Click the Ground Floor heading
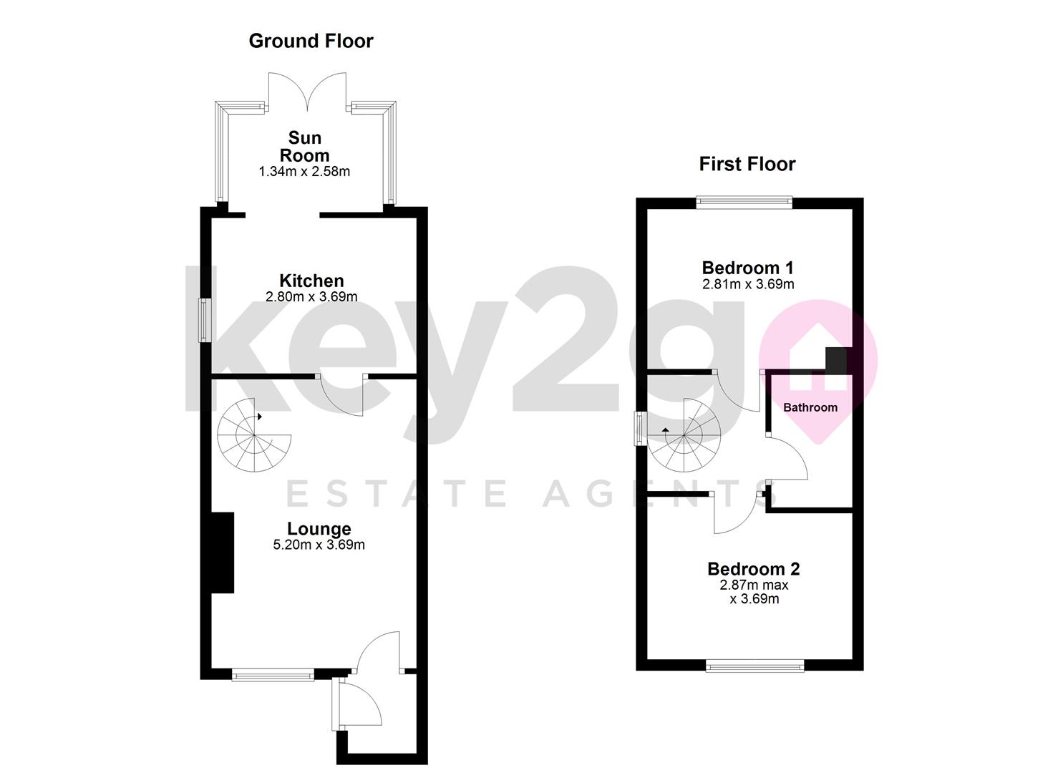[311, 42]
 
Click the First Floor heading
[747, 165]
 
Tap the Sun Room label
[304, 147]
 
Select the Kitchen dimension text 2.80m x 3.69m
[311, 296]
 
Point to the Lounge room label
[319, 529]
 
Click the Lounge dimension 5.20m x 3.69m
[319, 545]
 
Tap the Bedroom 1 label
[747, 268]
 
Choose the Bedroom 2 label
[754, 569]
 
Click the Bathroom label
[810, 407]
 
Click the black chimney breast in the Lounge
[223, 552]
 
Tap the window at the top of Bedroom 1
[744, 203]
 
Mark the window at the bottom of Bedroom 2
[754, 666]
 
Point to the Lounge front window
[273, 674]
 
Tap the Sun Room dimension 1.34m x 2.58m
[304, 172]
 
